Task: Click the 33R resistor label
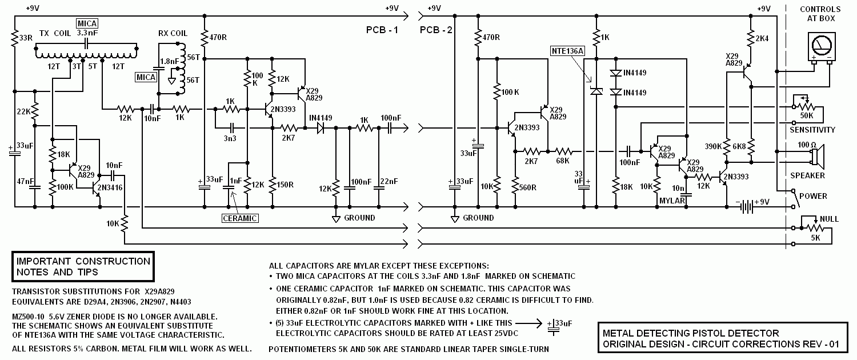pyautogui.click(x=26, y=38)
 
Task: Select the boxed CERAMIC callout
pyautogui.click(x=240, y=218)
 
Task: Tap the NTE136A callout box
pyautogui.click(x=567, y=51)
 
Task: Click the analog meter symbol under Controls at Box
pyautogui.click(x=821, y=47)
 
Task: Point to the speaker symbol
pyautogui.click(x=817, y=157)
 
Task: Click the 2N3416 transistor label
pyautogui.click(x=110, y=187)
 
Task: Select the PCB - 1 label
pyautogui.click(x=382, y=30)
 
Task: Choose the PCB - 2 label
pyautogui.click(x=436, y=30)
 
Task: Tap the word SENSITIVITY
pyautogui.click(x=812, y=130)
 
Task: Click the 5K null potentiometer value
pyautogui.click(x=815, y=238)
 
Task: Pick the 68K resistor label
pyautogui.click(x=562, y=161)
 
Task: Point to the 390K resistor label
pyautogui.click(x=713, y=146)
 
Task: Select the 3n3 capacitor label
pyautogui.click(x=230, y=138)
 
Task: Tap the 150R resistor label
pyautogui.click(x=285, y=185)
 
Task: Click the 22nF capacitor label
pyautogui.click(x=389, y=181)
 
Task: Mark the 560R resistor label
pyautogui.click(x=527, y=187)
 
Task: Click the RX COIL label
pyautogui.click(x=173, y=33)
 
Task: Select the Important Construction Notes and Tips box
pyautogui.click(x=83, y=267)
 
